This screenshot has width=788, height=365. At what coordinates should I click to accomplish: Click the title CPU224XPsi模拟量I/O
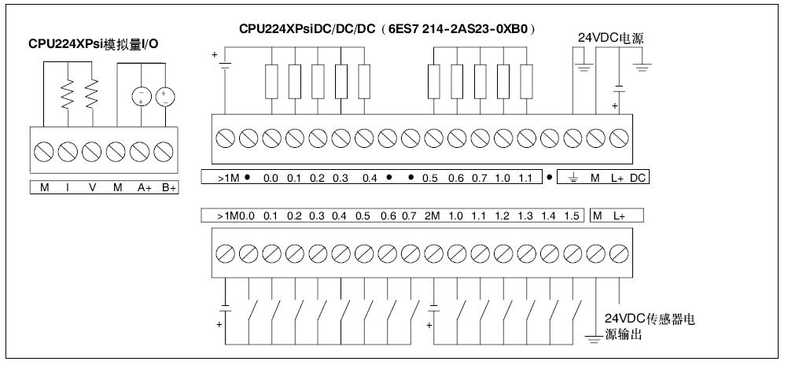pos(94,44)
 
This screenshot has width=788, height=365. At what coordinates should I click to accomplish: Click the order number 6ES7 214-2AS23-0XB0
pos(458,28)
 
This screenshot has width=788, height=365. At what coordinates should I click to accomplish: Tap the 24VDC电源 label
pos(610,39)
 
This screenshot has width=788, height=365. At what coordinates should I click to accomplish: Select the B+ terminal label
pos(168,187)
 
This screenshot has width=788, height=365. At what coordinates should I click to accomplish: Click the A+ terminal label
pos(145,187)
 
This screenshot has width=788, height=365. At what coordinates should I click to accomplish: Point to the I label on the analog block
pos(68,187)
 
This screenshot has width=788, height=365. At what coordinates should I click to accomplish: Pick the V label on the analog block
pos(92,187)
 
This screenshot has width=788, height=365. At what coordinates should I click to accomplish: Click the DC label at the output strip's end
pos(637,178)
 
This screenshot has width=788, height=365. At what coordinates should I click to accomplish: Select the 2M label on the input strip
pos(433,216)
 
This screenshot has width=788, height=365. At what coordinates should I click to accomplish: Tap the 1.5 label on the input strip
pos(572,216)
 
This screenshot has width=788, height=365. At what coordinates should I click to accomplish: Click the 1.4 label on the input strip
pos(549,216)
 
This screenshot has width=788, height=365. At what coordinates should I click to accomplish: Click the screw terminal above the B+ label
pos(164,152)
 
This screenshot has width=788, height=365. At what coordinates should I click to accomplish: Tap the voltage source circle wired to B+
pos(165,97)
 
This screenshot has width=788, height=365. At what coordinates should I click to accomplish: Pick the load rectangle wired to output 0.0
pos(271,82)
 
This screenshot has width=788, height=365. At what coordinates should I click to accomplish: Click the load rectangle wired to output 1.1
pos(526,82)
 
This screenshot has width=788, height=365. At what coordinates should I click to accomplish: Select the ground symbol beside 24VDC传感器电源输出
pos(595,339)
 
